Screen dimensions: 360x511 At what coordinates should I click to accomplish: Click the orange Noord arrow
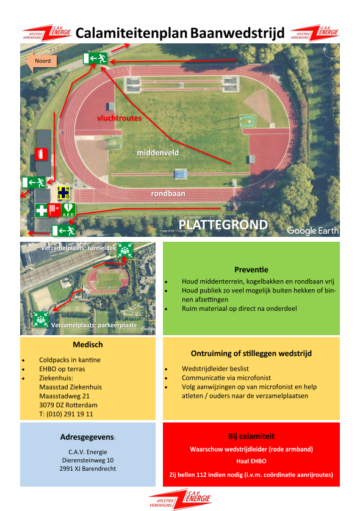coord(41,61)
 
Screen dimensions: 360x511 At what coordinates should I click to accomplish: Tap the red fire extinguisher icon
coord(41,154)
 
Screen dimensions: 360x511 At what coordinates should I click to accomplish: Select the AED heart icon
coord(68,210)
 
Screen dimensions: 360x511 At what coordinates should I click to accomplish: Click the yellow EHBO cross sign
coord(63,192)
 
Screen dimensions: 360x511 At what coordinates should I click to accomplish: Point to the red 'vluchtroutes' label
coord(119,118)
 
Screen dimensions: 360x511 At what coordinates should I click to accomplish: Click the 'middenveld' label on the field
coord(157,153)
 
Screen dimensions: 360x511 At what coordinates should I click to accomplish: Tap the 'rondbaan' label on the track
coord(168,194)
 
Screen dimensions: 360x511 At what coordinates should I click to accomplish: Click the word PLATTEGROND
coord(223,225)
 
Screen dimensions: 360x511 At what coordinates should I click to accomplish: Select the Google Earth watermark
coord(313,230)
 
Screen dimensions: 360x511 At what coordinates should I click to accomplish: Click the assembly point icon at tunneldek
coord(124,250)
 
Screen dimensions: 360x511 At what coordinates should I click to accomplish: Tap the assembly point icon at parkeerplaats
coord(41,319)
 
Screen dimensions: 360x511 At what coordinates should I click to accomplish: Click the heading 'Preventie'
coord(251,269)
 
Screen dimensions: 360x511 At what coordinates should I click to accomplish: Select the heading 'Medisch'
coord(88,344)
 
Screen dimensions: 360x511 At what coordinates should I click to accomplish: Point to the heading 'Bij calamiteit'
coord(251,437)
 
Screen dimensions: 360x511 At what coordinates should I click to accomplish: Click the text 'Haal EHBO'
coord(251,461)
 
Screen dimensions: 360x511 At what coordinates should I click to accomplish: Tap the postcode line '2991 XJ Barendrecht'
coord(88,469)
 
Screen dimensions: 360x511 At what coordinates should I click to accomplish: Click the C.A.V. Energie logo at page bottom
coord(179,499)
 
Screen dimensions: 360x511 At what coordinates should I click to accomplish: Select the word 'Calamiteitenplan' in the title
coord(131,33)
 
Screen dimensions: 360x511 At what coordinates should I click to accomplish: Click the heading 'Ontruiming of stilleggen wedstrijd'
coord(251,353)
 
